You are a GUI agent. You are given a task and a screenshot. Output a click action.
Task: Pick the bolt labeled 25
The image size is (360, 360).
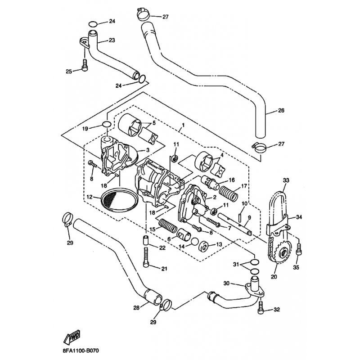point(85,66)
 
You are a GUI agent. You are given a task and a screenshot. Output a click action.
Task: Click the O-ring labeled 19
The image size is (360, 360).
point(106,125)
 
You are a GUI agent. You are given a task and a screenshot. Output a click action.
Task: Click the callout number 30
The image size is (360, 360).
point(226,283)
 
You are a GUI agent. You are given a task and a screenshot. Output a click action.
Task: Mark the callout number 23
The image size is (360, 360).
point(112,40)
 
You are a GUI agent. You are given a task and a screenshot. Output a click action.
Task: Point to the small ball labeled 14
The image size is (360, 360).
point(194,242)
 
